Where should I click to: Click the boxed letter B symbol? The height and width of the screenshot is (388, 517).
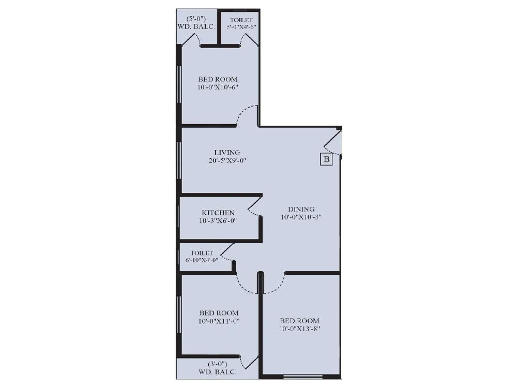pos(326,159)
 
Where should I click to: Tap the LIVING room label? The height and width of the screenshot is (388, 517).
pos(227,152)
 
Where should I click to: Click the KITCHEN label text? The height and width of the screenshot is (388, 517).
pos(218,213)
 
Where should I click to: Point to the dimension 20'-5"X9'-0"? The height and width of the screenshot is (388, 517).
pos(227,160)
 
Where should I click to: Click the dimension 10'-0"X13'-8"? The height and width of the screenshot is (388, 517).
pos(299,329)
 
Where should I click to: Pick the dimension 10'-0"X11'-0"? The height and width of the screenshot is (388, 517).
pos(219,321)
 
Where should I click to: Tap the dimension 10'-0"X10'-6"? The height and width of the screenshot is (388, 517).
pos(218,87)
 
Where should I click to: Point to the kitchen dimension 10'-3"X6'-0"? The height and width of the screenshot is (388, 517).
pos(218,221)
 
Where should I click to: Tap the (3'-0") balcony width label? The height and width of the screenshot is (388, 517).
pos(218,364)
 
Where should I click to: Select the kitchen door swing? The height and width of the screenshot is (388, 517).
pos(254,207)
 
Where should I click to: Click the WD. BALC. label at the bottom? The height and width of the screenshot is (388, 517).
pos(218,372)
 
